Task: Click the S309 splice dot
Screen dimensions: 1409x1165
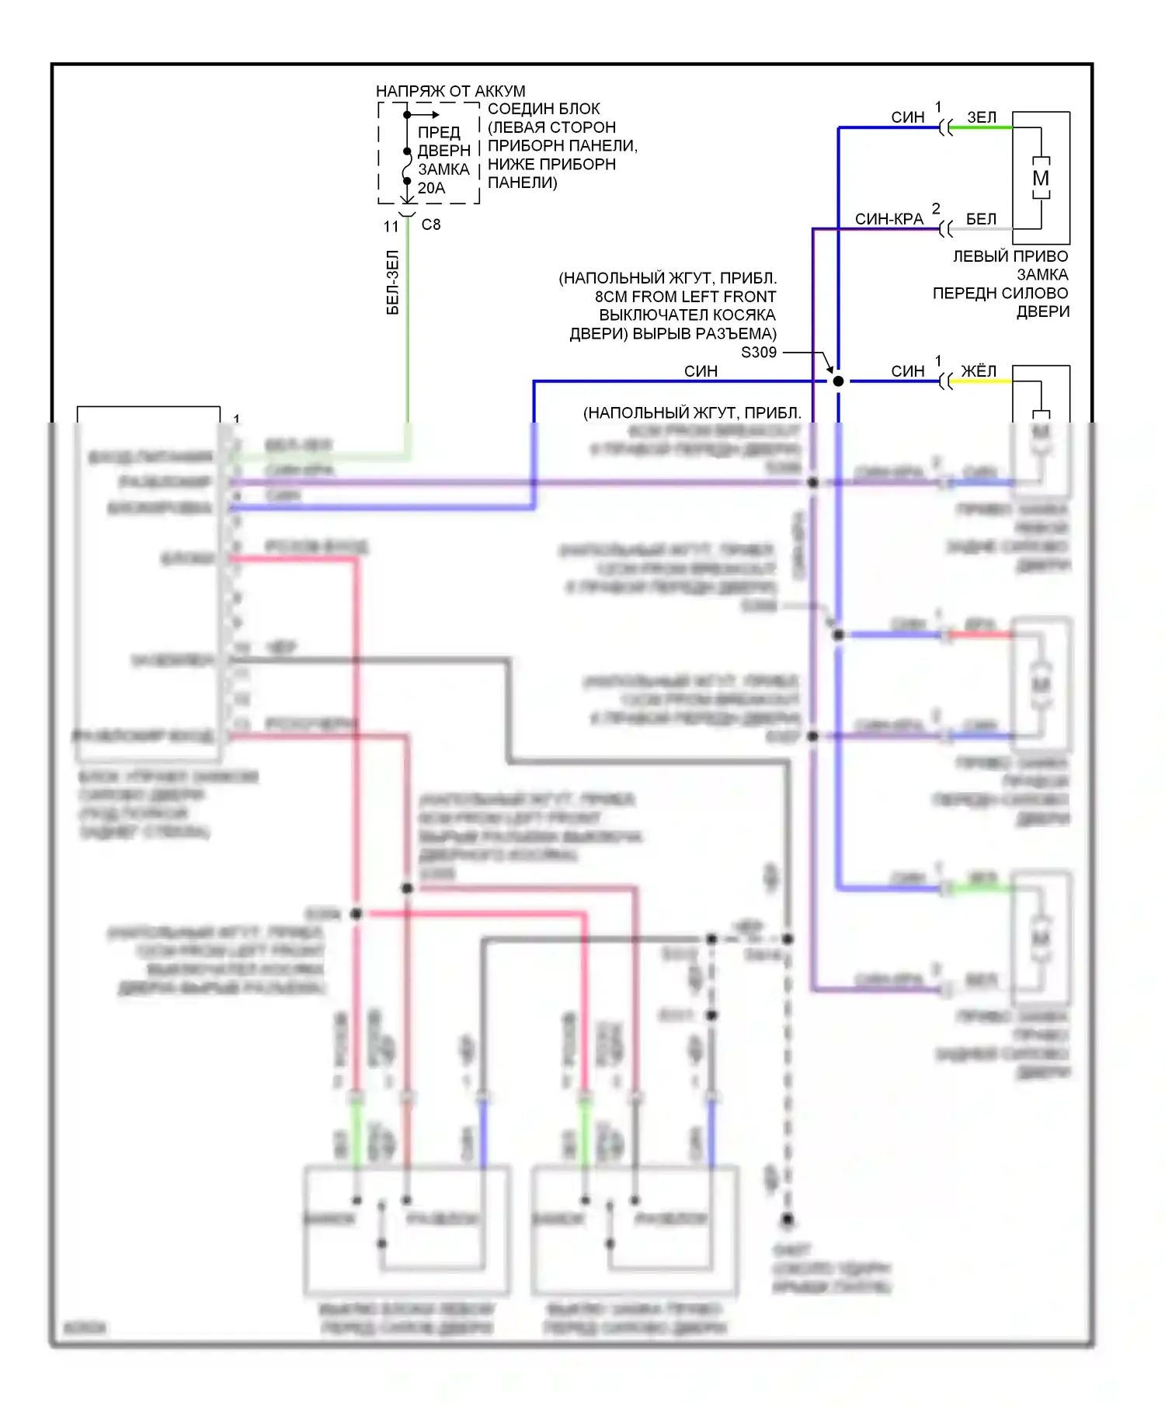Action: click(838, 381)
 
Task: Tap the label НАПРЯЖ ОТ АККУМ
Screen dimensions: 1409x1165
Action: click(450, 91)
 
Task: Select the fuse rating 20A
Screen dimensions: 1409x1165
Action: click(431, 188)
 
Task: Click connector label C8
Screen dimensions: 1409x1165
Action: click(431, 224)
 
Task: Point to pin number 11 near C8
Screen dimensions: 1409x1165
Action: click(391, 226)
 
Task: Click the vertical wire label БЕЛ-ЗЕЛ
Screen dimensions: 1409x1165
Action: click(393, 282)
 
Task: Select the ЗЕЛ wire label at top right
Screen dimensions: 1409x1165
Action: click(981, 117)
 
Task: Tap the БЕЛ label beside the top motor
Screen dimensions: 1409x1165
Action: click(981, 219)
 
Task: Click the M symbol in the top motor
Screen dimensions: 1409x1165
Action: click(1041, 178)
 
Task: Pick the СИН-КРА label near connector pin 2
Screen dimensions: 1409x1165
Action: click(889, 219)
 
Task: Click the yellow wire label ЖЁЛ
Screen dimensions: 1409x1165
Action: click(979, 371)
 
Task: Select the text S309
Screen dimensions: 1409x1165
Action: click(759, 353)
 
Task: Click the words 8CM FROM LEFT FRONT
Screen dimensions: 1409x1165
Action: click(685, 297)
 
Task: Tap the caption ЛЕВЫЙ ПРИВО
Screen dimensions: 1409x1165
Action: click(1010, 256)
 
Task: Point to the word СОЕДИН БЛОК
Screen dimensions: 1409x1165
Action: click(544, 109)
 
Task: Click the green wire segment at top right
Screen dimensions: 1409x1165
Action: click(982, 128)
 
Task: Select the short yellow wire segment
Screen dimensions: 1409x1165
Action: click(982, 381)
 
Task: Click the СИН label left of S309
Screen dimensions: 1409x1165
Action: click(701, 371)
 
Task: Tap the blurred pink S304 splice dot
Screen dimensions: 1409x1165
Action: click(356, 914)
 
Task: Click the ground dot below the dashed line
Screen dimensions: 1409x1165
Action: click(788, 1219)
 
